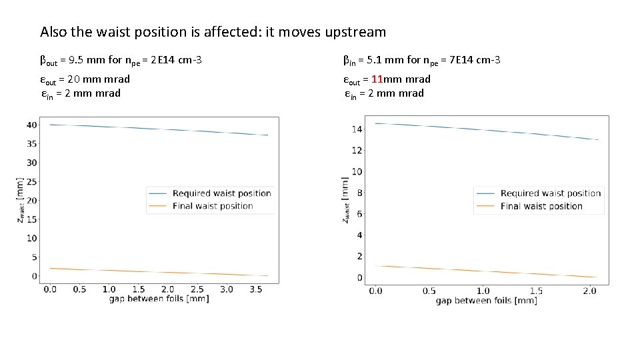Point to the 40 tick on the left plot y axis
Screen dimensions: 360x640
coord(31,125)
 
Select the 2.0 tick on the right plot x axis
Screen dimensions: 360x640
coord(590,291)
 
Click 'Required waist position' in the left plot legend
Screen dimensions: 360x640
coord(221,193)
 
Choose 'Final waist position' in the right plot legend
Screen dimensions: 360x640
coord(541,206)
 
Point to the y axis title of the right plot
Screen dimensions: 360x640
coord(345,200)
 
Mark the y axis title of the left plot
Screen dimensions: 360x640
coord(21,200)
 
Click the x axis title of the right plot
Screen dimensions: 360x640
coord(486,301)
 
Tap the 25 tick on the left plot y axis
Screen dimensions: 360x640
coord(31,181)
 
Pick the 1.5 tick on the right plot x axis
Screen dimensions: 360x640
coord(536,291)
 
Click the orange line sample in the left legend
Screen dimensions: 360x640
coord(158,206)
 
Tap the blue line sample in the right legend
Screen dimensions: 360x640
coord(486,193)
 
